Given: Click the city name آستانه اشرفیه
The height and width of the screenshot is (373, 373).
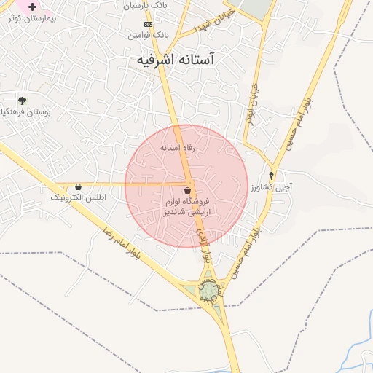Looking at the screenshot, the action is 179,60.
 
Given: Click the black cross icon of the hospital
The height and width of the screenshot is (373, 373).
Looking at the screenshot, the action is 32,6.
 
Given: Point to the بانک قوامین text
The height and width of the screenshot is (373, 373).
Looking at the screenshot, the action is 148,34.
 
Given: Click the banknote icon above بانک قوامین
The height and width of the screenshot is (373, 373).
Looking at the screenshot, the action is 148,24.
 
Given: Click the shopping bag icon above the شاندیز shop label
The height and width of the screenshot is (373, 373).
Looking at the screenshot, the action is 188,191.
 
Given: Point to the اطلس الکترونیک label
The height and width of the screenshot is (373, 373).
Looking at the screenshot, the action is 78,197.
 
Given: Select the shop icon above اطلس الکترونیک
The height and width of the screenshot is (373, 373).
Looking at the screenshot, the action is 78,187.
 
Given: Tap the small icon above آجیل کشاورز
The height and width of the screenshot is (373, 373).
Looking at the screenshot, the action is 272,176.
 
